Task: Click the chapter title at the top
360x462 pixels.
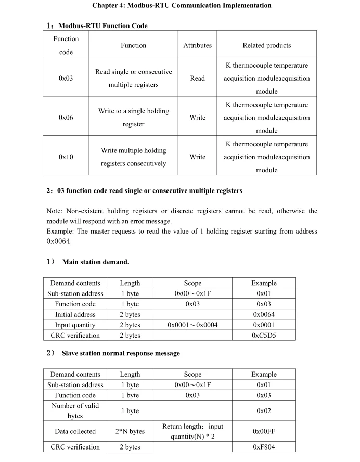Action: coord(182,6)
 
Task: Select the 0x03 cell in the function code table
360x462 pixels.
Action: coord(66,79)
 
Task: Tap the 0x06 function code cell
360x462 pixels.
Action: coord(66,118)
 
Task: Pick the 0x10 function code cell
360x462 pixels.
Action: coord(66,157)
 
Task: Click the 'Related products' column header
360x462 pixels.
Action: coord(267,45)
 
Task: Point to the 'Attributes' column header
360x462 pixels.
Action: coord(198,45)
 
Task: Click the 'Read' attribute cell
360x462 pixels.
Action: coord(198,79)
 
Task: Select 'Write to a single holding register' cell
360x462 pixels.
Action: coord(134,118)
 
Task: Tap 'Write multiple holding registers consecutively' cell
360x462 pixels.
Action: coord(134,157)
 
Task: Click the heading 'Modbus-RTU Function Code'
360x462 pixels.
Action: coord(103,25)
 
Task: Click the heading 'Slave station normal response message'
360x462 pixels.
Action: coord(121,353)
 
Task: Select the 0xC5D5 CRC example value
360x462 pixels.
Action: coord(264,336)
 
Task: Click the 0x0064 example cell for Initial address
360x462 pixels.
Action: coord(264,315)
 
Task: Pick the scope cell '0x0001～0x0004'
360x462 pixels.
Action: coord(192,325)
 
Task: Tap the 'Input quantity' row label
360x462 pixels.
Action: coord(75,325)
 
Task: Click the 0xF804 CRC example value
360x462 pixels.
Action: coord(264,447)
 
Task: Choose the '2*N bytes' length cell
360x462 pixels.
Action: coord(130,431)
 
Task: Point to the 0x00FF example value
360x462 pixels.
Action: coord(264,431)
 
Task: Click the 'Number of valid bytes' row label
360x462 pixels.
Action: coord(75,411)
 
